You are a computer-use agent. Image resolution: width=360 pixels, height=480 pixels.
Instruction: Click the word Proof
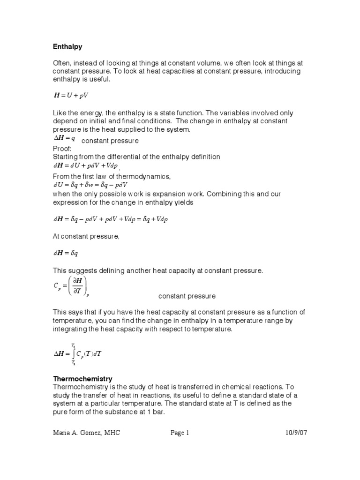coord(61,149)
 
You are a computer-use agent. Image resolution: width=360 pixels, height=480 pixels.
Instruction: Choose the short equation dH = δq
coord(65,253)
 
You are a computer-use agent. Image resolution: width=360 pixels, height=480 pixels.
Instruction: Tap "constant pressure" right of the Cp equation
coord(187,296)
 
